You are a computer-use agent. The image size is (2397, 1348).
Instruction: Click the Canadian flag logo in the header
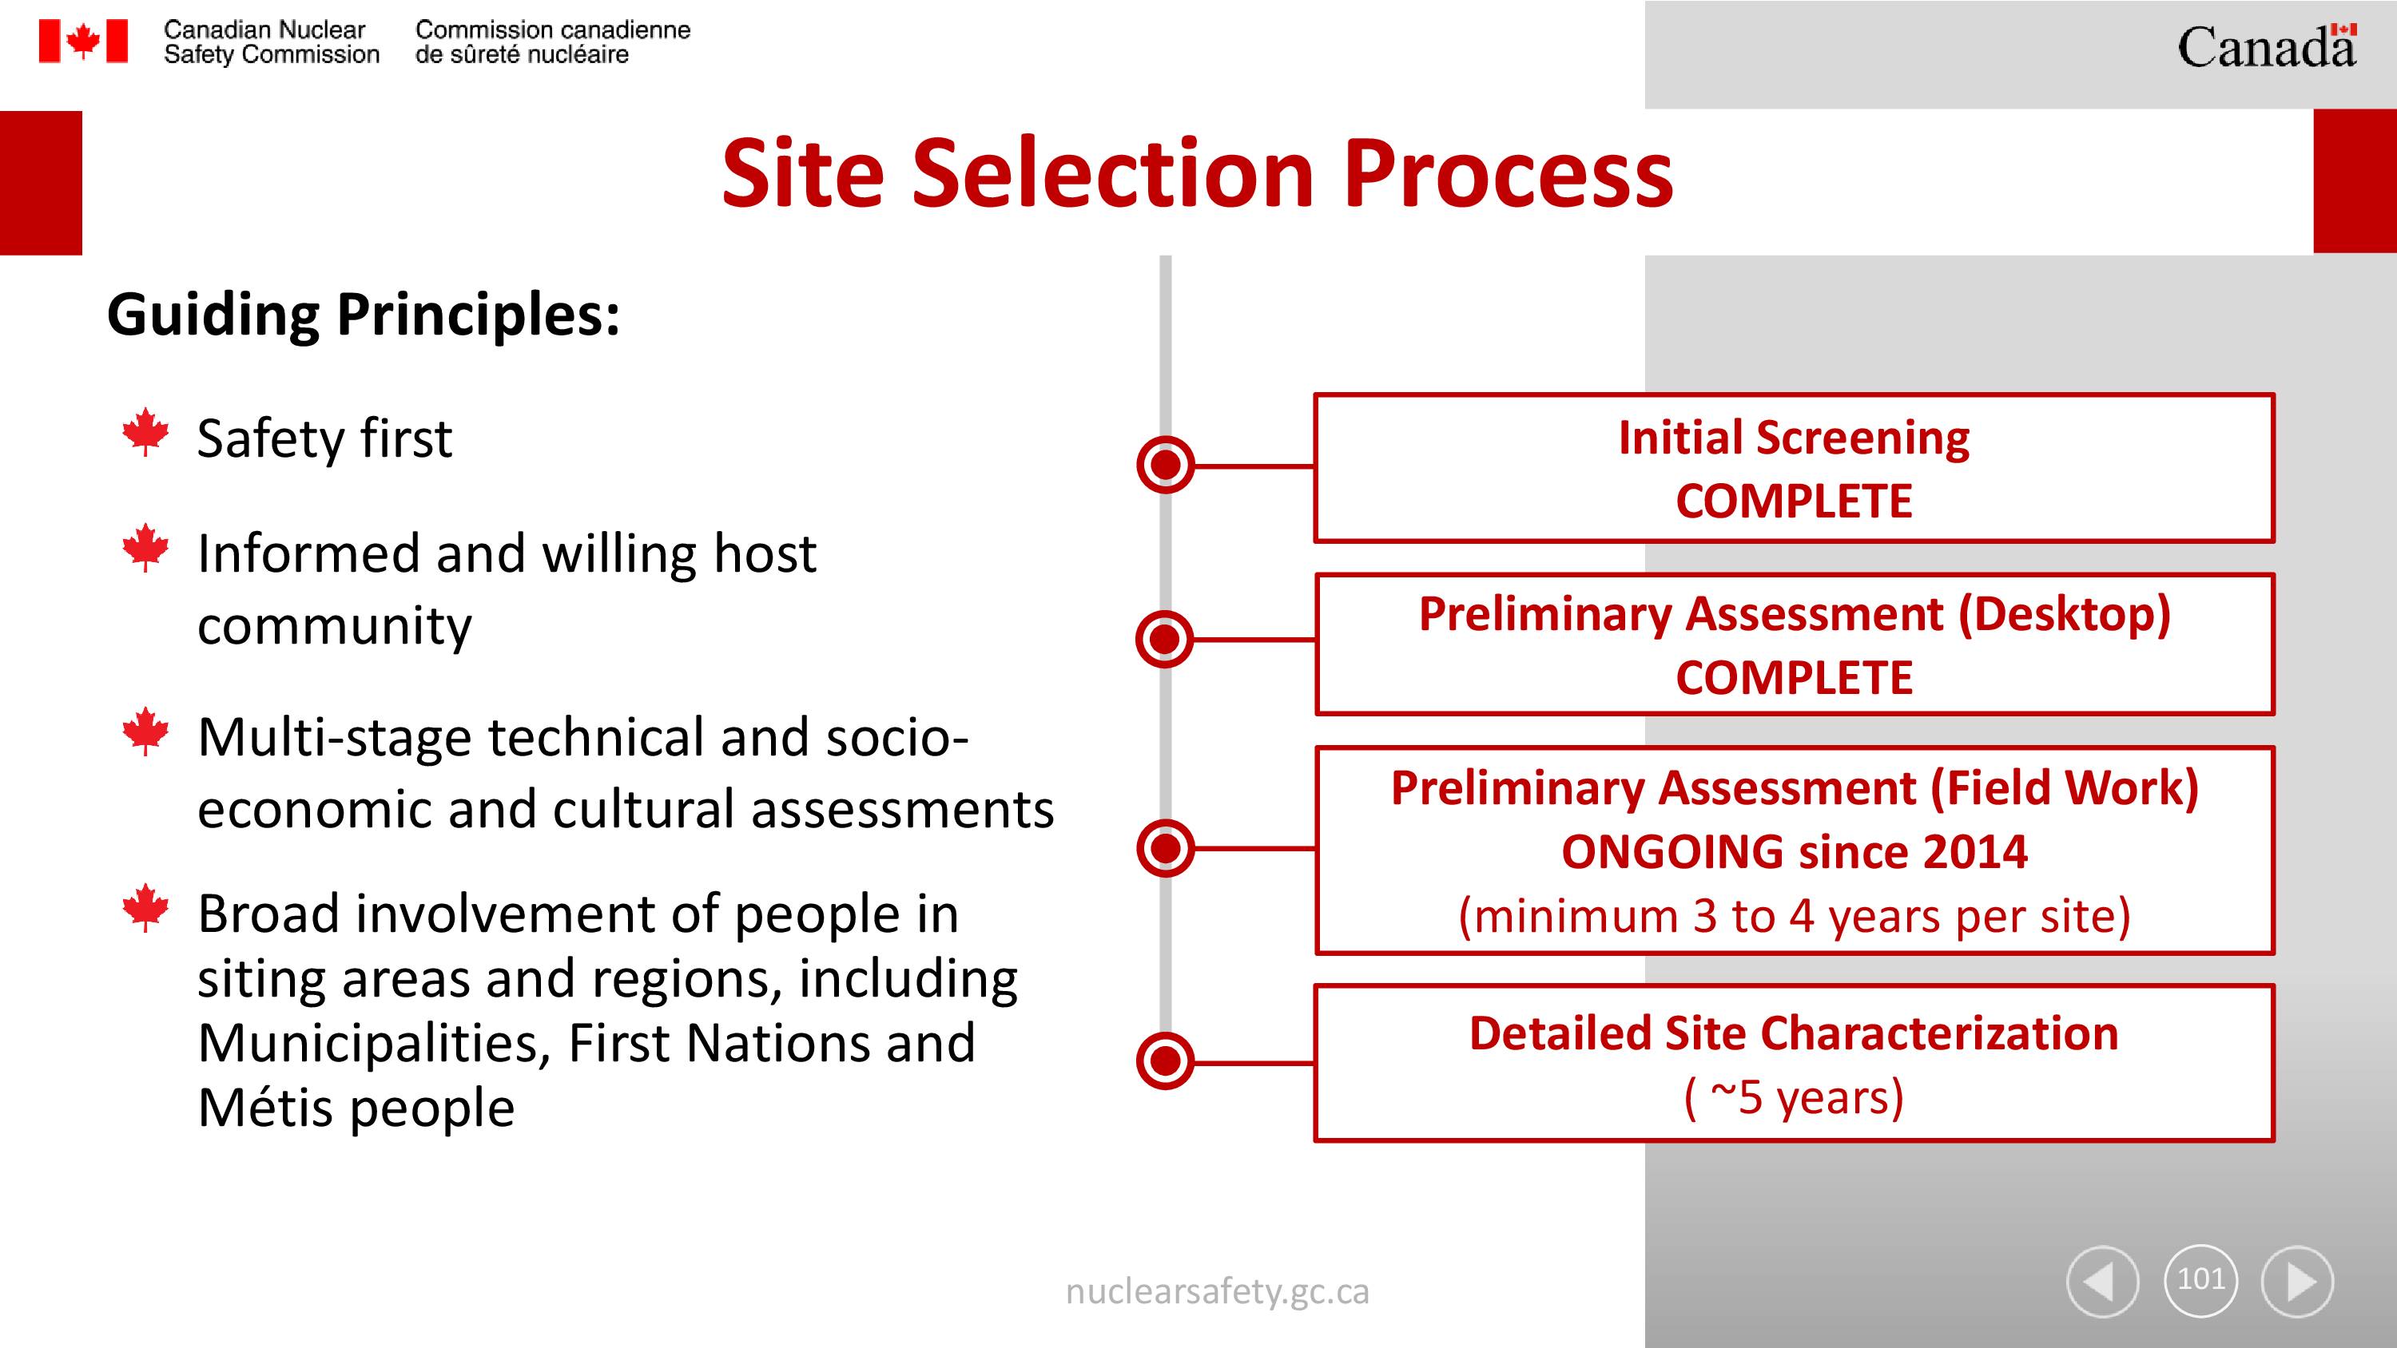coord(83,42)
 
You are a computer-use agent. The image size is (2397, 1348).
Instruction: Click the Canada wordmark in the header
coord(2267,46)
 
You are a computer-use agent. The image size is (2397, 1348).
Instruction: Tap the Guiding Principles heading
coord(363,315)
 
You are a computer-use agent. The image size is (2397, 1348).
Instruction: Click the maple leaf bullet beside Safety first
coord(146,432)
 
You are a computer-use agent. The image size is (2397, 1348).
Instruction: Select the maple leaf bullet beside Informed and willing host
coord(146,547)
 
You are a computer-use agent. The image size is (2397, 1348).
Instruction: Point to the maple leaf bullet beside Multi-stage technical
coord(146,731)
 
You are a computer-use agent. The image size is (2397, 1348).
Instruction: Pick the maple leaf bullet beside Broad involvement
coord(146,907)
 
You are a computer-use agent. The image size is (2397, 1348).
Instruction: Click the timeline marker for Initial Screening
coord(1165,464)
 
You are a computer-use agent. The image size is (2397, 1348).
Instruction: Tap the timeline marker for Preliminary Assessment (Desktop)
coord(1165,639)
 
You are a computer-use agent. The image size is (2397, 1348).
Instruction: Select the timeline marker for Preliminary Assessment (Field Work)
coord(1165,848)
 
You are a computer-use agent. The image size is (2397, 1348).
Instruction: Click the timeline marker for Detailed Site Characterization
coord(1165,1061)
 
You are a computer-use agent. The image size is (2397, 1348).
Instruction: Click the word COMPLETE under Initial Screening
coord(1794,502)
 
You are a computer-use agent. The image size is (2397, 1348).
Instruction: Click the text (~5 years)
coord(1794,1098)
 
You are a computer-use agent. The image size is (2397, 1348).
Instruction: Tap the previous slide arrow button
coord(2102,1281)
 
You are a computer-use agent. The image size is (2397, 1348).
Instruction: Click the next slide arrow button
coord(2297,1281)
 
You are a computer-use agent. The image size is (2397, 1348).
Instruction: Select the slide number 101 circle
coord(2200,1280)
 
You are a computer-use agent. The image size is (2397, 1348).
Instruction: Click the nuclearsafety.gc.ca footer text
coord(1217,1292)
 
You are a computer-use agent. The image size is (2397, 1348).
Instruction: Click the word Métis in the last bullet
coord(265,1107)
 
